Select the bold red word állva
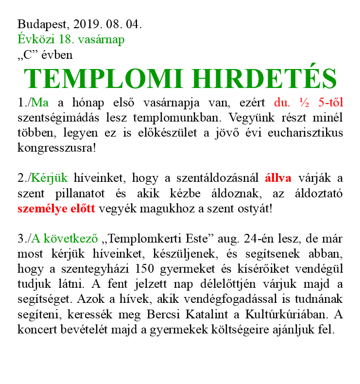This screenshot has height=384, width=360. (x=278, y=178)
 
